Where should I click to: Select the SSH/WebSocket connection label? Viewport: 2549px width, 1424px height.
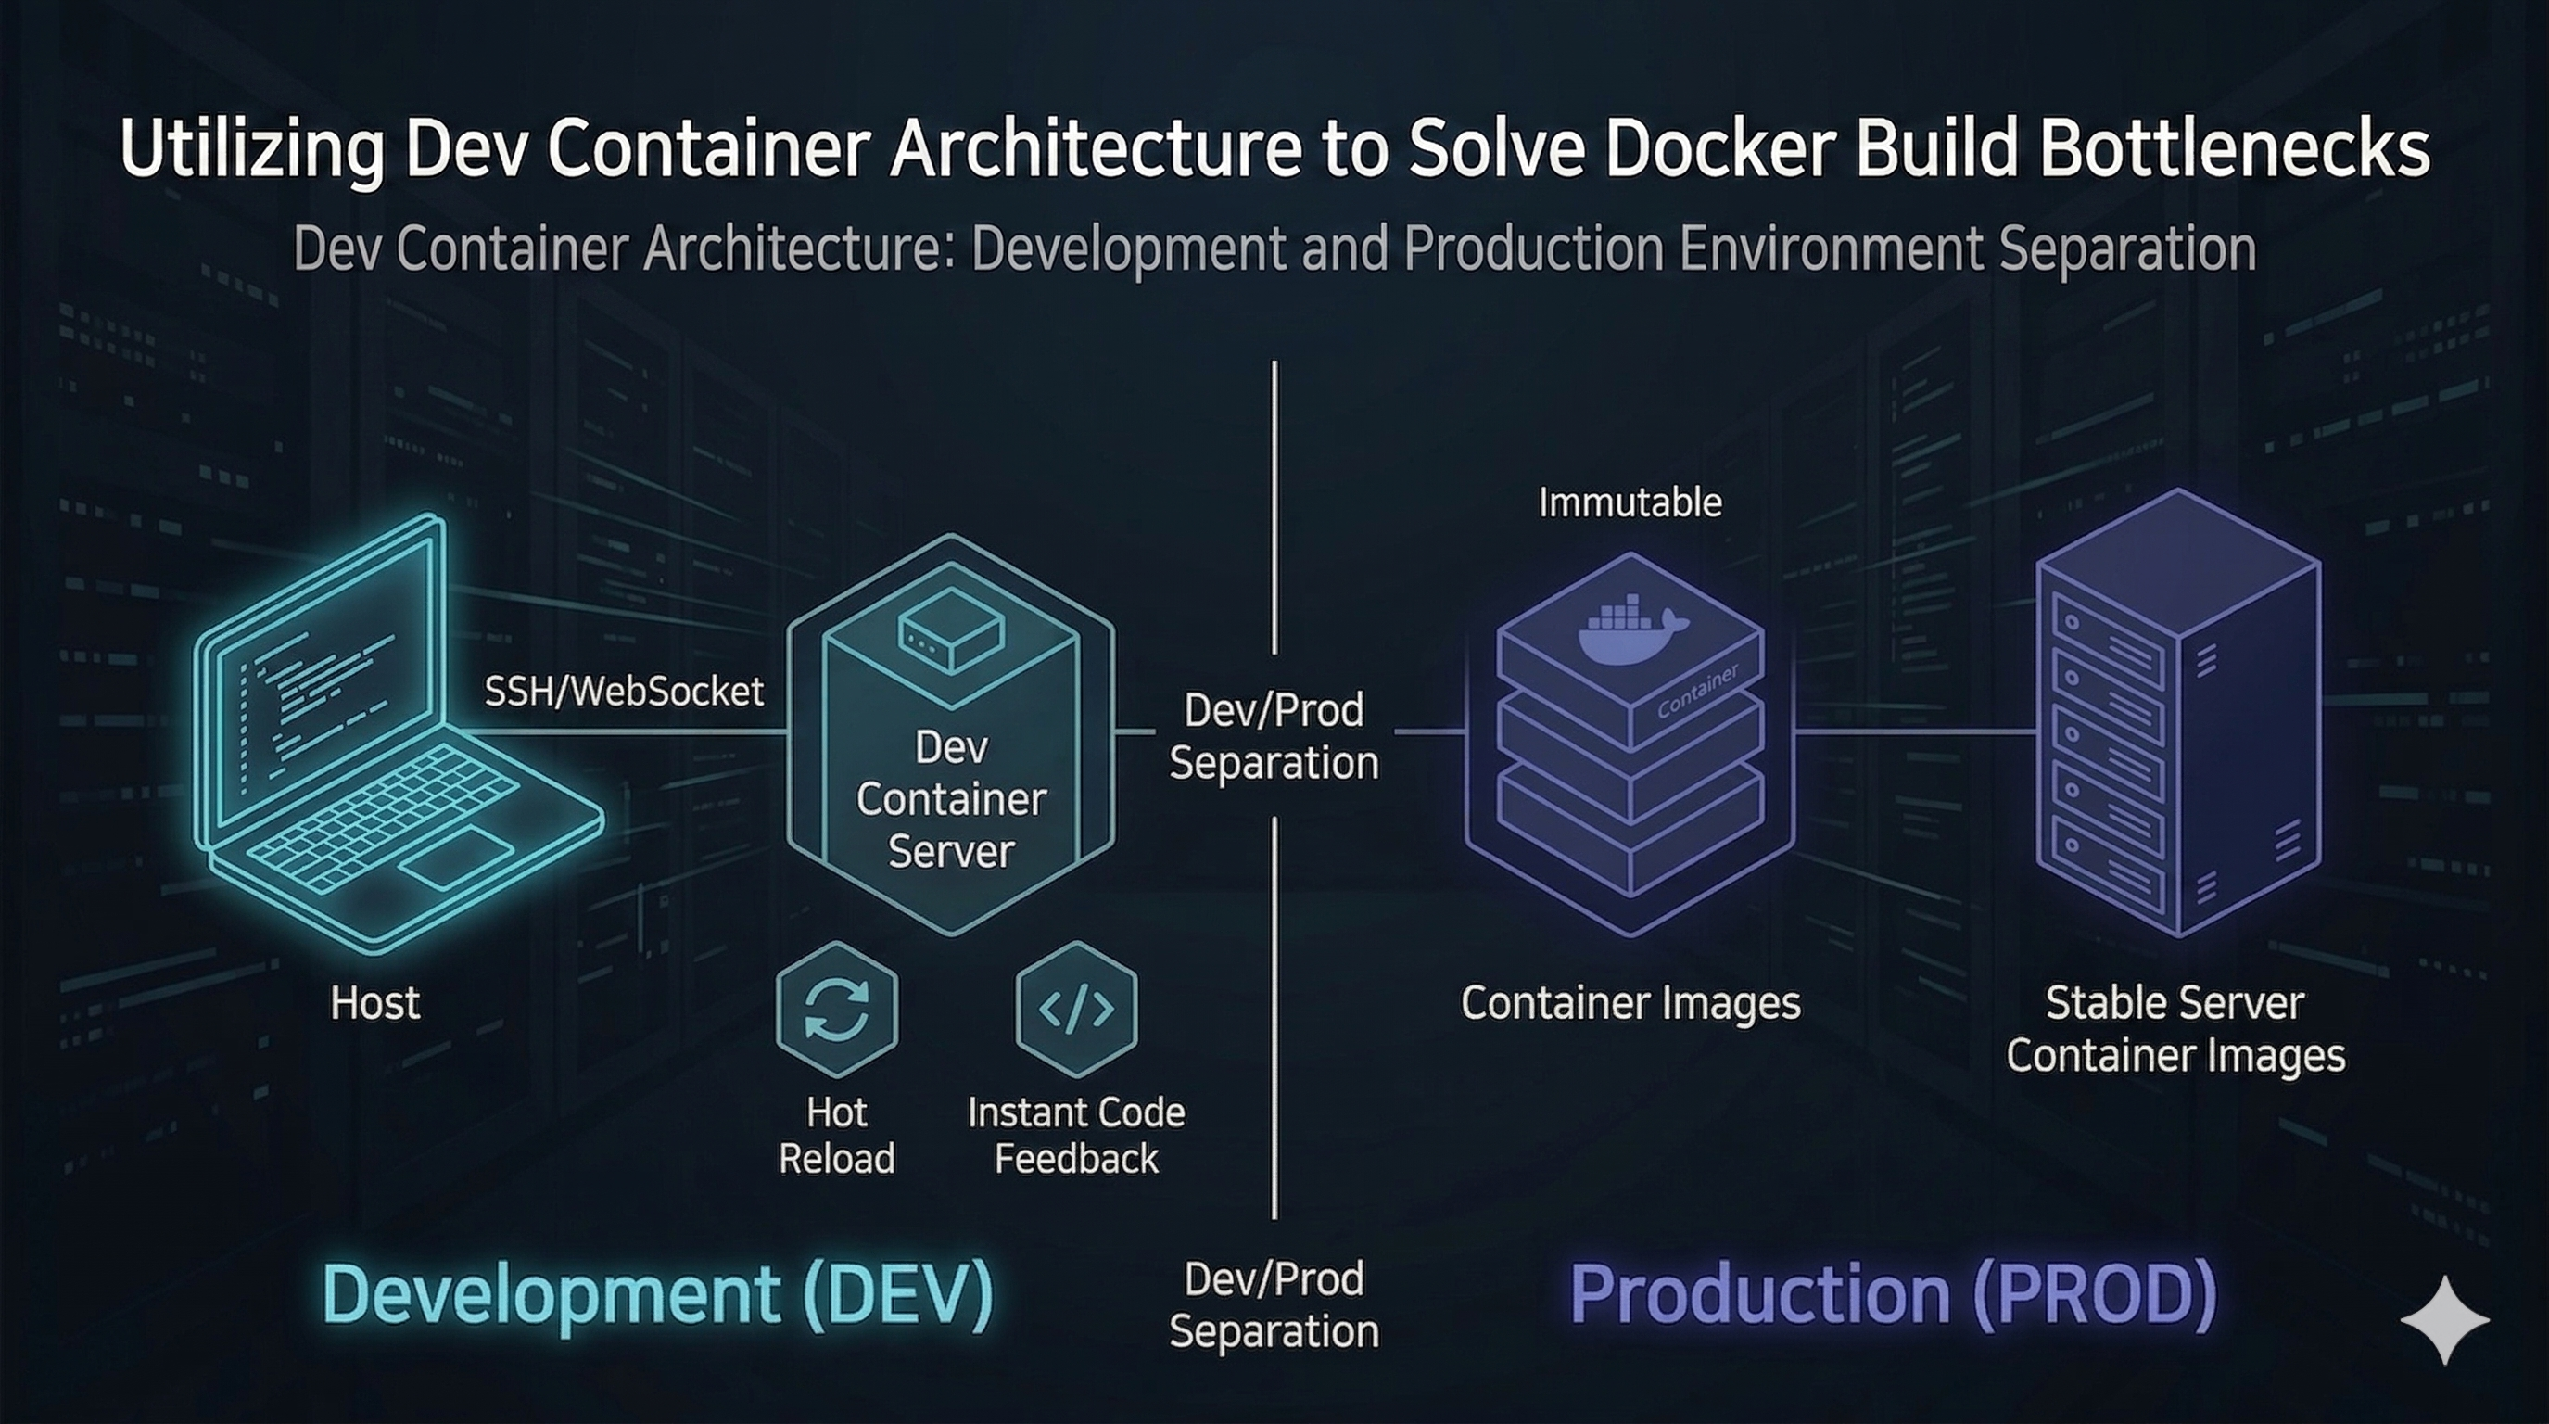[x=624, y=691]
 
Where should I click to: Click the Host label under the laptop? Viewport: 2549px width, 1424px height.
[x=375, y=1002]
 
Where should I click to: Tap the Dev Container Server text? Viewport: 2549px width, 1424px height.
[x=951, y=798]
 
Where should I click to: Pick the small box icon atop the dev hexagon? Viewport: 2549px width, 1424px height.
[x=951, y=629]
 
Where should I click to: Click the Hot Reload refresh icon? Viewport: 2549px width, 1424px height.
[x=837, y=1009]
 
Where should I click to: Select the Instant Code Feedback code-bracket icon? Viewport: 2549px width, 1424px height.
[x=1076, y=1009]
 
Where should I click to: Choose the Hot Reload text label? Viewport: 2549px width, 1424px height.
[x=837, y=1135]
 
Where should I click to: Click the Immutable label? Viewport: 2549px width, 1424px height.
[x=1630, y=502]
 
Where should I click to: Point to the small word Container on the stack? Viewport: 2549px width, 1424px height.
[x=1697, y=691]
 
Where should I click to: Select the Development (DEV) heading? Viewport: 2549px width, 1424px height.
[x=658, y=1293]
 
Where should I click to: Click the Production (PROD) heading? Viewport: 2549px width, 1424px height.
[x=1893, y=1293]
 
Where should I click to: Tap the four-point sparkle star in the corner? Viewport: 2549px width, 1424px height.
[x=2445, y=1320]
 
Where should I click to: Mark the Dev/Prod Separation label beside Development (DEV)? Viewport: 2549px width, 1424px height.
[x=1274, y=1304]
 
